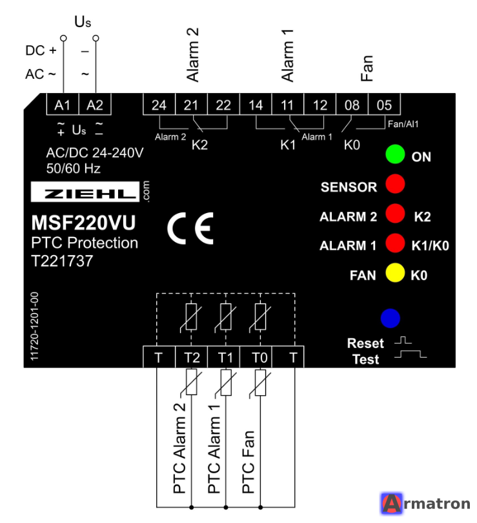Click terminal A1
(63, 105)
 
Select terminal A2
(95, 105)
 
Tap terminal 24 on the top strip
(159, 105)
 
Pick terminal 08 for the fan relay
(352, 105)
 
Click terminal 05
(384, 105)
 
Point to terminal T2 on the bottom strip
(191, 357)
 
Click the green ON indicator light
(395, 154)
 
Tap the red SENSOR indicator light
(395, 183)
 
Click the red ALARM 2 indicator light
(395, 213)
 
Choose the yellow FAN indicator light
(395, 272)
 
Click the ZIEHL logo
(85, 192)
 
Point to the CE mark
(190, 228)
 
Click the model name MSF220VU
(83, 223)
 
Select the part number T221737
(62, 261)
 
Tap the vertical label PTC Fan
(249, 462)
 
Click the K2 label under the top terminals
(199, 145)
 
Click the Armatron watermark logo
(425, 504)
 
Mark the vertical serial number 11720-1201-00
(34, 326)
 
